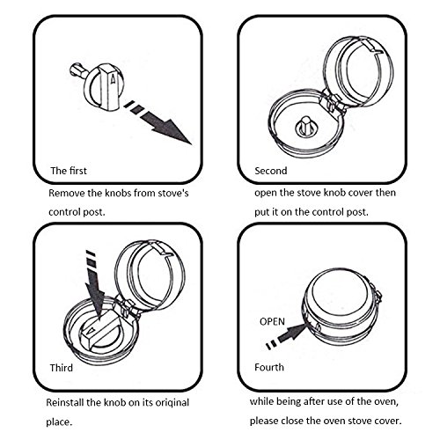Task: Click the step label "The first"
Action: [69, 171]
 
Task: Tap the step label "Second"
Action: [271, 171]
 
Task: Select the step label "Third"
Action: [61, 368]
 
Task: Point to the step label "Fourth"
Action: [269, 367]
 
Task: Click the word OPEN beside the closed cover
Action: [272, 321]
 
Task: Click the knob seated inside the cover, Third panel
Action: [100, 334]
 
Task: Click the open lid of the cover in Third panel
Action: [150, 275]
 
